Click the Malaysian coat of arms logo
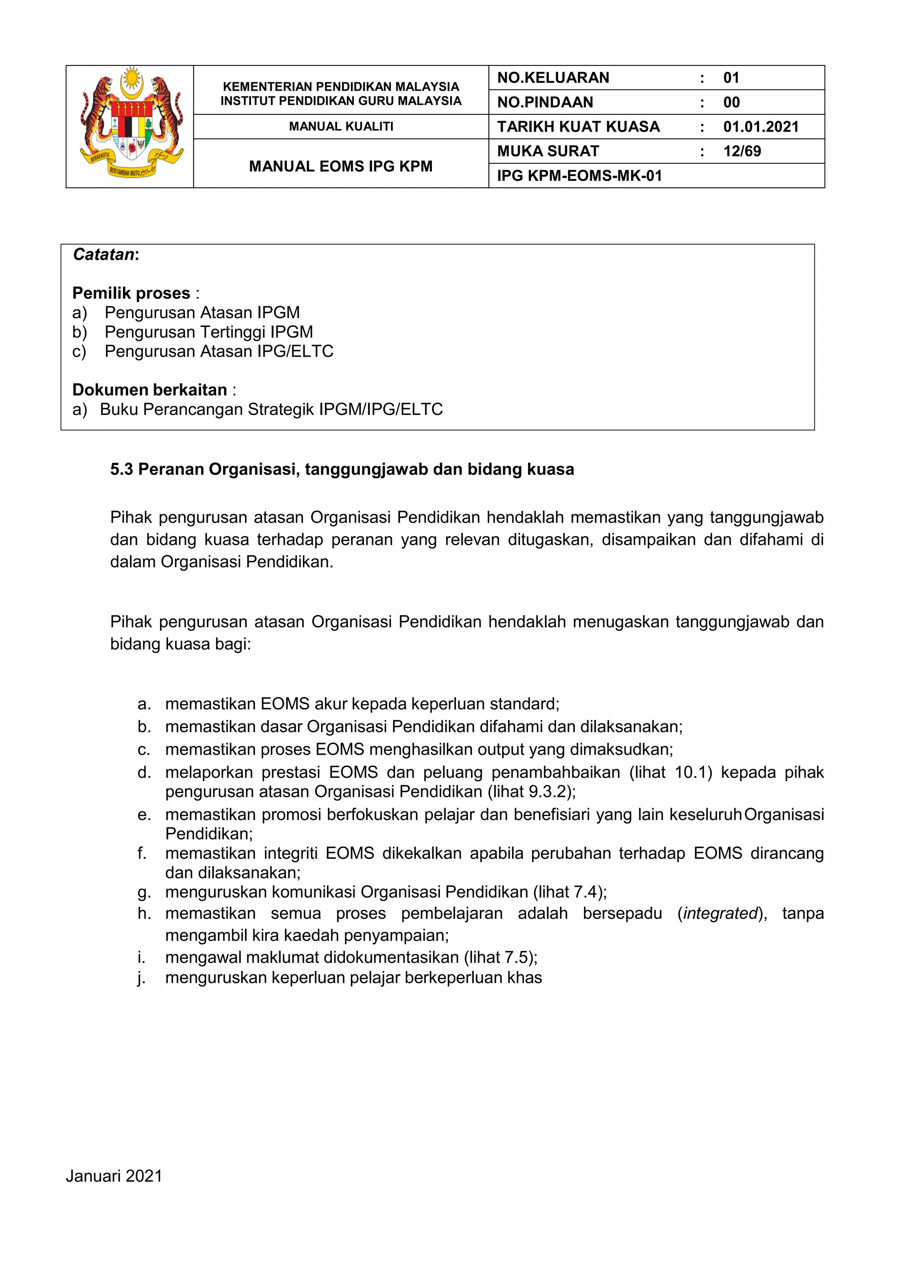point(131,124)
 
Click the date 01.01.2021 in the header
point(761,127)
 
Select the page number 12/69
point(742,152)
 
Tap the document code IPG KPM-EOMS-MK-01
point(580,176)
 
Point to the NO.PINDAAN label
point(545,103)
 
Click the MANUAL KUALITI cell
point(341,127)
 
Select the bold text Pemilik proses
point(131,294)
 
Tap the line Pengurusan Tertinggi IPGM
point(209,332)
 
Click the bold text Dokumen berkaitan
point(150,390)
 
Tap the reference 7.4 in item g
point(586,892)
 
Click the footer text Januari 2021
point(114,1172)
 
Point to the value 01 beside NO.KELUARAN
point(731,78)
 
